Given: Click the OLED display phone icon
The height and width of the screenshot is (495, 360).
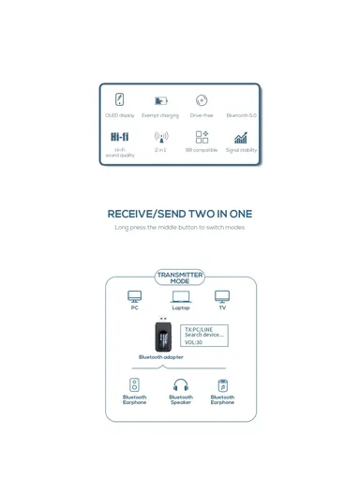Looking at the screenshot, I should [x=120, y=99].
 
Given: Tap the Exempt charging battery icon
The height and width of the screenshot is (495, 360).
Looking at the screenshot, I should [x=160, y=100].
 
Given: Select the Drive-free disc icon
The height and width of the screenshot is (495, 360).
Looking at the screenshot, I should [x=202, y=100].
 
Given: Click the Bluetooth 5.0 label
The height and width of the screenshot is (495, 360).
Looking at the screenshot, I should [x=241, y=115].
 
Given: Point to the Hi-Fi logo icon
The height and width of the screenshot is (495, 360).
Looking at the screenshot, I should [x=120, y=137].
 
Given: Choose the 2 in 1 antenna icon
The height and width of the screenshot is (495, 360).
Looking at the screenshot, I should [x=160, y=137].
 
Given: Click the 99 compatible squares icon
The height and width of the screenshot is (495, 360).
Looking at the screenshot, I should [x=202, y=137].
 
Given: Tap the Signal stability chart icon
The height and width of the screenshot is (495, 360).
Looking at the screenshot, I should [x=241, y=137].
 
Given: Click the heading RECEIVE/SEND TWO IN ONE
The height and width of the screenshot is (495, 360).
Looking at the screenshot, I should [x=180, y=214].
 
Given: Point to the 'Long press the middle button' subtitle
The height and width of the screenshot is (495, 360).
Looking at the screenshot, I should [x=180, y=227].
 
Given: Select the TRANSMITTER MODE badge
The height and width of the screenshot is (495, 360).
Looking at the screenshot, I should [x=180, y=278].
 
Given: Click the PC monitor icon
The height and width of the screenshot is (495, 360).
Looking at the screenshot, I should [x=135, y=296].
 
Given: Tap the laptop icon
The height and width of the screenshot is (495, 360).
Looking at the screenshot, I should [x=181, y=296].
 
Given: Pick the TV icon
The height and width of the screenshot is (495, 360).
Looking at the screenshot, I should [x=222, y=296].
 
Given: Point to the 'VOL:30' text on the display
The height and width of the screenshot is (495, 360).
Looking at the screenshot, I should [x=193, y=342].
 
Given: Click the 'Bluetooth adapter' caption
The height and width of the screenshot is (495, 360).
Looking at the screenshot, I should [x=161, y=357].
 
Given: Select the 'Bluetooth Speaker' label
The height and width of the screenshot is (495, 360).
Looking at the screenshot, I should [x=181, y=399].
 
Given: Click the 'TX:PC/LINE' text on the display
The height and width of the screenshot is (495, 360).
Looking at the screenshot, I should [x=198, y=329].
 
